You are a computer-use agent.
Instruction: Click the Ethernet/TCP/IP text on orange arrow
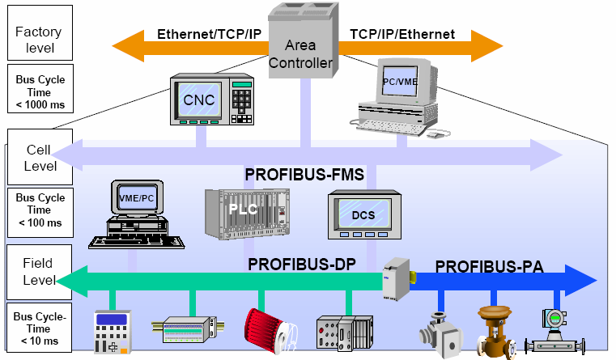coord(209,35)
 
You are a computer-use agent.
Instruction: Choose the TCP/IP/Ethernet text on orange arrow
coord(402,35)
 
